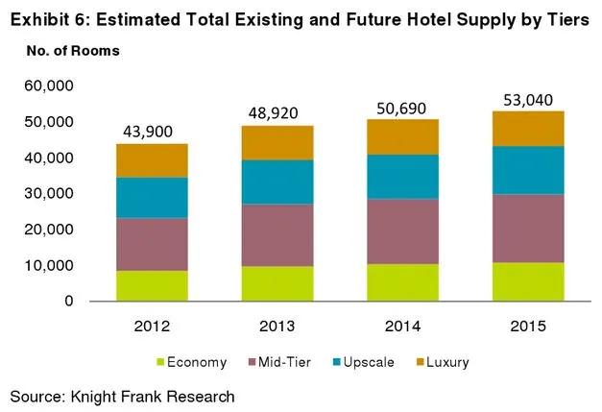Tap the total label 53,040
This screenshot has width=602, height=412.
530,99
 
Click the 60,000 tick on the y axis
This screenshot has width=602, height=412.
47,86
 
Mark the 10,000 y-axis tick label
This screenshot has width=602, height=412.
47,265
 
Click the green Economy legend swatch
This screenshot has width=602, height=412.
158,363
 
